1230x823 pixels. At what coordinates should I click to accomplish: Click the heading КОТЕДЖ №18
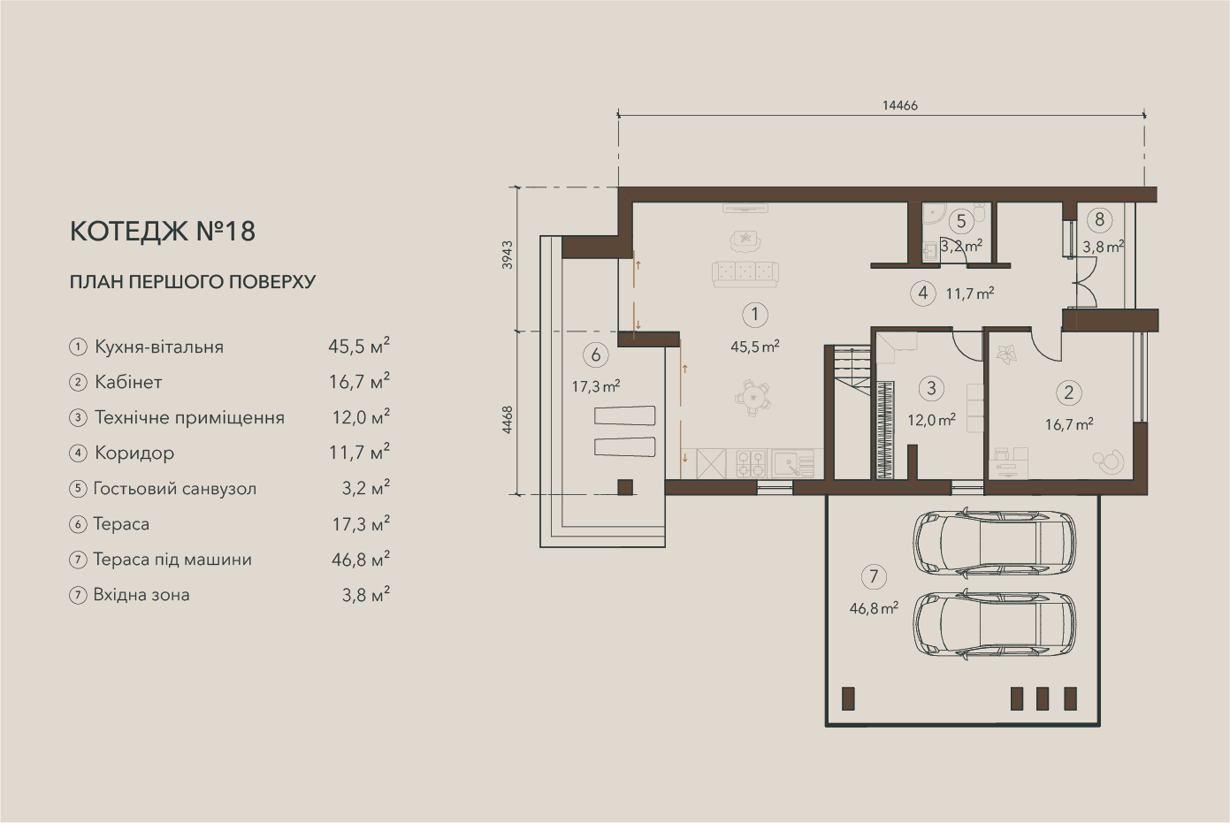tap(163, 231)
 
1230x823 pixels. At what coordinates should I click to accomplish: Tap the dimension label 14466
tap(900, 105)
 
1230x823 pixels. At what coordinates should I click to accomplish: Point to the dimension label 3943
tap(508, 255)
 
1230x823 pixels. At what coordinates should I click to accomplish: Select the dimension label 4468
tap(508, 420)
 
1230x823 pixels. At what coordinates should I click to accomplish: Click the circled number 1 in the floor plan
tap(755, 315)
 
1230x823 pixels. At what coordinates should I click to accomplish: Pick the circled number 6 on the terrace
tap(596, 355)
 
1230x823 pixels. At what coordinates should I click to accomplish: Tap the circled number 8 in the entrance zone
tap(1099, 219)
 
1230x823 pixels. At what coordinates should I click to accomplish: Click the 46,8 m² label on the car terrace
tap(874, 608)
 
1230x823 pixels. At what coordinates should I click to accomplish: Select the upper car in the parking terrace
tap(994, 543)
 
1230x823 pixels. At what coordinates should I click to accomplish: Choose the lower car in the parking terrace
tap(994, 624)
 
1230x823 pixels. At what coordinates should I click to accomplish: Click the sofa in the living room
tap(745, 273)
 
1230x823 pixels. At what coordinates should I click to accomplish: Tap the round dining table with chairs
tap(753, 397)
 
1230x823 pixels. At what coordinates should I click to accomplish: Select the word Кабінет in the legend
tap(128, 382)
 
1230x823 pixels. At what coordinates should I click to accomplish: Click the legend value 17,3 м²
tap(361, 524)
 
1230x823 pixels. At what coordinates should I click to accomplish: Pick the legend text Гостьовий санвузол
tap(174, 489)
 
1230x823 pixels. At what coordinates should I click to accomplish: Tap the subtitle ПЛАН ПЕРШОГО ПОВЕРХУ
tap(193, 282)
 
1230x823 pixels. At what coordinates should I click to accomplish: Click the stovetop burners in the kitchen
tap(751, 463)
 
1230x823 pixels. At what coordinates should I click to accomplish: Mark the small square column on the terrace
tap(625, 487)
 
